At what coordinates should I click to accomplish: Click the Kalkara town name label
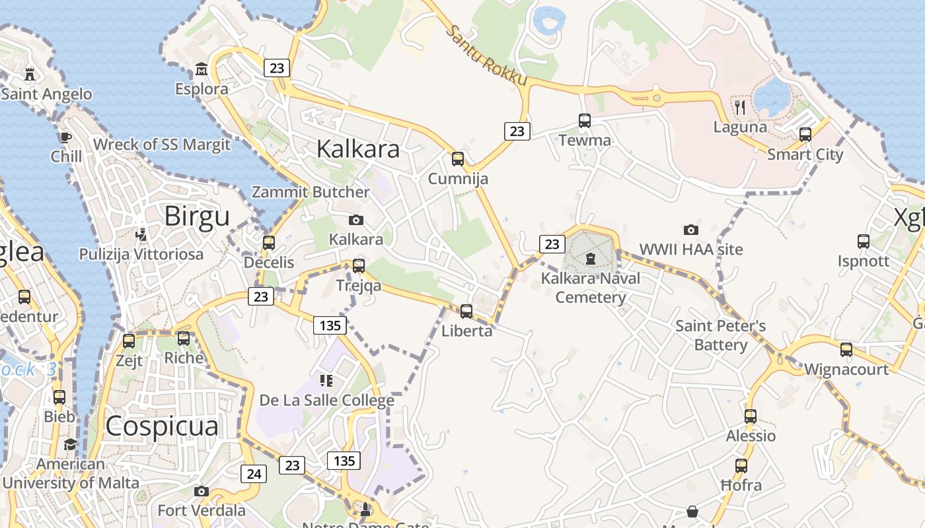point(357,149)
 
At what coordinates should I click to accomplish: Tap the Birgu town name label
point(197,216)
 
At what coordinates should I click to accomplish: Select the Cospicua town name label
point(161,426)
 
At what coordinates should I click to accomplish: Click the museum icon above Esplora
point(202,69)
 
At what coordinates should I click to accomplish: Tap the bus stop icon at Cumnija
point(458,159)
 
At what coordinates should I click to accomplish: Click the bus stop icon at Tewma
point(585,121)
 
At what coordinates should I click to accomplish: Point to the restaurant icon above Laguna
point(740,107)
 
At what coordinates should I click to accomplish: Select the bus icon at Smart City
point(805,135)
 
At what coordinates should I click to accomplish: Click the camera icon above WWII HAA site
point(691,230)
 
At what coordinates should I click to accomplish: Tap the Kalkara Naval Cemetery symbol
point(590,258)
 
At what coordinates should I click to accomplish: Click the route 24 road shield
point(254,473)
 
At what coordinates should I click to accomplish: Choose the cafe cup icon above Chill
point(65,137)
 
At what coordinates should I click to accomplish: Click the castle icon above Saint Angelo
point(30,73)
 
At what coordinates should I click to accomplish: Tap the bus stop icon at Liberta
point(466,311)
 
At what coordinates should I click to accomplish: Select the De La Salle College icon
point(326,381)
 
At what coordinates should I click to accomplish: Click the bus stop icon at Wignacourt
point(846,350)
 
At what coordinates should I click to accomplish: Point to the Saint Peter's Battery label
point(720,335)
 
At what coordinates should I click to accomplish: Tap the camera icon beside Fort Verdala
point(202,491)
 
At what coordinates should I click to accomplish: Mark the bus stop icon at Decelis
point(269,242)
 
